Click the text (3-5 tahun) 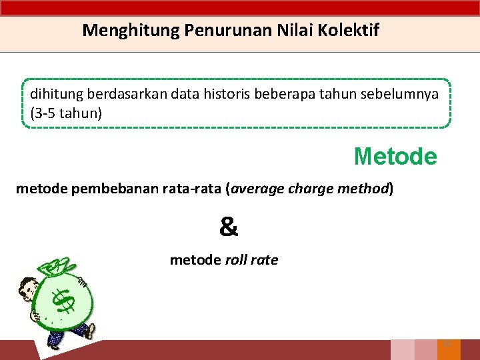66,113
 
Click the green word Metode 395,156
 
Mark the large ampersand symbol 229,228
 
